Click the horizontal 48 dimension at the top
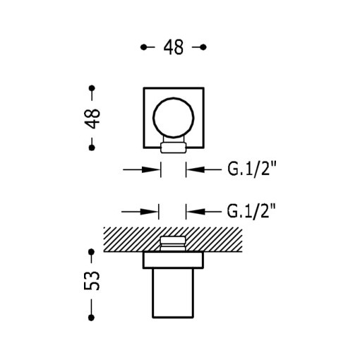point(173,47)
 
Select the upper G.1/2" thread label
point(251,169)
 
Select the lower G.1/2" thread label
point(251,210)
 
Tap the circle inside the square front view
point(173,117)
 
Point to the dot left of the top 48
point(143,47)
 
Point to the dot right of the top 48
point(203,47)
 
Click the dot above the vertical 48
point(92,88)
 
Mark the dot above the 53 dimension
point(92,251)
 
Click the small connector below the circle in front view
point(173,148)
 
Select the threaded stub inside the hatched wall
point(173,243)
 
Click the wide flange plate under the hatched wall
point(173,260)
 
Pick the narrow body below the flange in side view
point(173,293)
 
